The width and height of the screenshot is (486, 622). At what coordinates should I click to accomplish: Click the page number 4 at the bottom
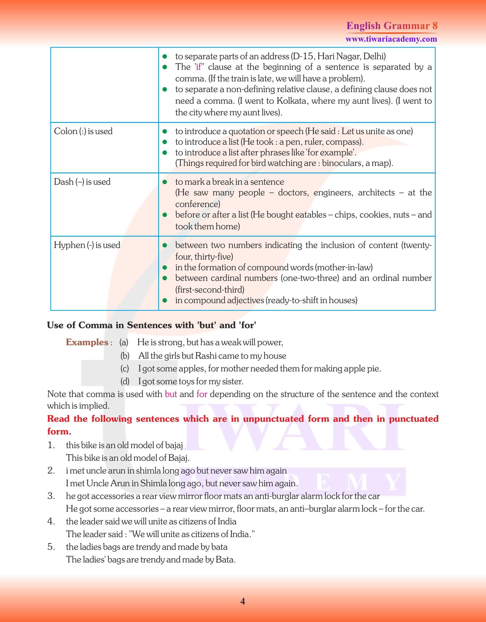point(242,601)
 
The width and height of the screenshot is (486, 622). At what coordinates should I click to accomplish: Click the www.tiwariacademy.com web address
point(391,39)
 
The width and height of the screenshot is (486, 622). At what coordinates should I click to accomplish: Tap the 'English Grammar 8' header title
point(392,26)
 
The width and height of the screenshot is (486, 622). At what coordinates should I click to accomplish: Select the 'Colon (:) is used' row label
point(83,131)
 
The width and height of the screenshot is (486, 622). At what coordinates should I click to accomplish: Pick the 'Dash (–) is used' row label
point(82,182)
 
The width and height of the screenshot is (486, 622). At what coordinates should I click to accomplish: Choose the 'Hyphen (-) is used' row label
point(87,245)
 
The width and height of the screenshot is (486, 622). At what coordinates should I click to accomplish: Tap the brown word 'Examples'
point(87,342)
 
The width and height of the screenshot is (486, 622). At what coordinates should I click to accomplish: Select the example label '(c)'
point(125,368)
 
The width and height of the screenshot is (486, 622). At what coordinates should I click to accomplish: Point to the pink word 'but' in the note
point(171,394)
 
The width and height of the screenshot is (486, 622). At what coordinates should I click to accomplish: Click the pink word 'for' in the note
point(201,394)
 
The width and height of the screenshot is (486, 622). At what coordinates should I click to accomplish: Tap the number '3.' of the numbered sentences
point(51,496)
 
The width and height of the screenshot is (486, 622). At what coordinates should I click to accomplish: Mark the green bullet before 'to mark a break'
point(164,182)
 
